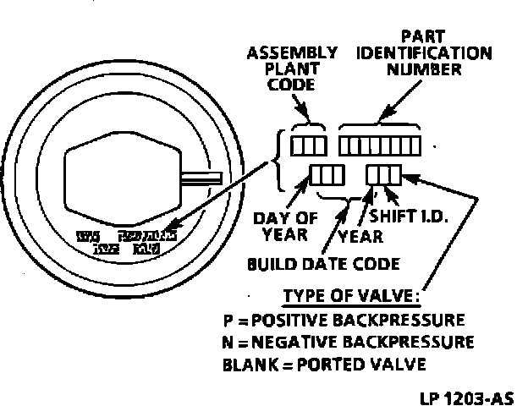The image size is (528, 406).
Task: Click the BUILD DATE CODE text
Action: [322, 264]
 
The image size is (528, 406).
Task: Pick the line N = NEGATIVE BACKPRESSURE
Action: [347, 343]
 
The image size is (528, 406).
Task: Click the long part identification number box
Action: [380, 145]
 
